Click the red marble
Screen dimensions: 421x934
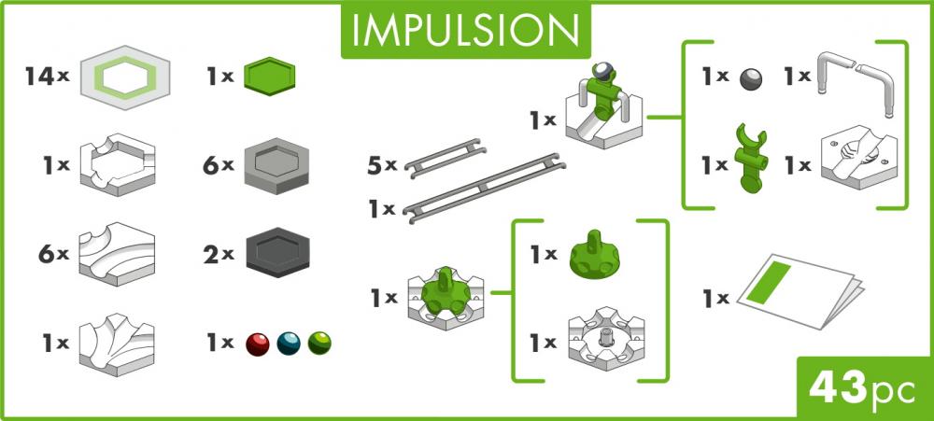(x=257, y=344)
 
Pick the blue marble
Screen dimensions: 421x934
(x=289, y=344)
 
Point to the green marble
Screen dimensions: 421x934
(x=319, y=344)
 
